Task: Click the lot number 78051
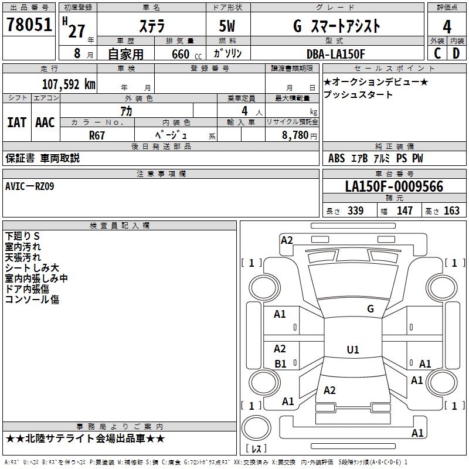coord(29,25)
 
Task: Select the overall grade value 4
coord(447,27)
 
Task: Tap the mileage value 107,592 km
coord(69,84)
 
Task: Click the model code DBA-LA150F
coord(335,54)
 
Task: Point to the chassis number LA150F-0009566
coord(394,186)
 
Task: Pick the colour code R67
coord(97,135)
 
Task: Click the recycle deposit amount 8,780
coord(295,135)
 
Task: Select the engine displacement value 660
coord(181,54)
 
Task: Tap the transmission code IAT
coord(17,123)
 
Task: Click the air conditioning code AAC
coord(45,123)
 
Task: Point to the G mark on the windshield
coord(371,309)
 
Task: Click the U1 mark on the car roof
coord(353,349)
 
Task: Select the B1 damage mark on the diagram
coord(280,363)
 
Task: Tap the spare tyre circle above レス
coord(256,428)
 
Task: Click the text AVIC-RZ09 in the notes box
coord(30,186)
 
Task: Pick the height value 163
coord(451,210)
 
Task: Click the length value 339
coord(356,210)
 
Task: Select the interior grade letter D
coord(456,53)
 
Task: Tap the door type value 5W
coord(227,26)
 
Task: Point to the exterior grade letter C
coord(437,53)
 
